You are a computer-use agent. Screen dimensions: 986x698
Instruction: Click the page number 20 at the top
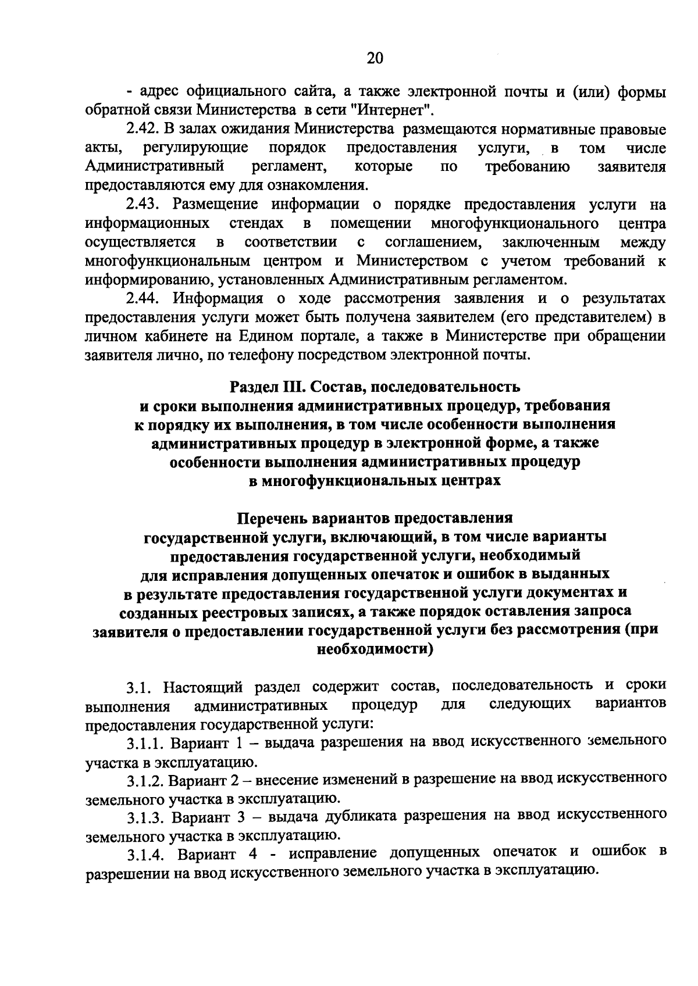(x=375, y=58)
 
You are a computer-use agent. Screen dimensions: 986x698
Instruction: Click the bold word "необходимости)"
(x=375, y=649)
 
